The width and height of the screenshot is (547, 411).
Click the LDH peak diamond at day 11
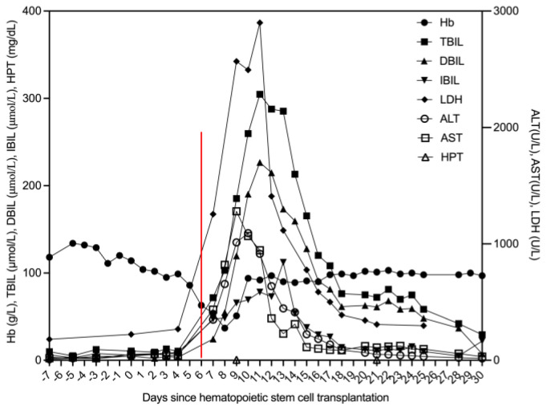(x=260, y=22)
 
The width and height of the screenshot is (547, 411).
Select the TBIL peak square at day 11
(x=260, y=95)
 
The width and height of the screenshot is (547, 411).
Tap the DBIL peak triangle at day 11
(x=260, y=163)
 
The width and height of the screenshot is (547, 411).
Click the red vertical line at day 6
(x=201, y=245)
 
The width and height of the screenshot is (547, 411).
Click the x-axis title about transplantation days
(x=265, y=397)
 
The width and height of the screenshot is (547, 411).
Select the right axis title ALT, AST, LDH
(x=535, y=185)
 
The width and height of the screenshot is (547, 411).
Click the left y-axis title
(x=12, y=181)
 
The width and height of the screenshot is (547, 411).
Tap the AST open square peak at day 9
(x=237, y=211)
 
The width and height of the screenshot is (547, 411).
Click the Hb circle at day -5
(x=72, y=243)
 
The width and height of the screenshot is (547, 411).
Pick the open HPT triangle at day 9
(x=237, y=360)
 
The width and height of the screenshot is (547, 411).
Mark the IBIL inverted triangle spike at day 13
(x=283, y=262)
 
